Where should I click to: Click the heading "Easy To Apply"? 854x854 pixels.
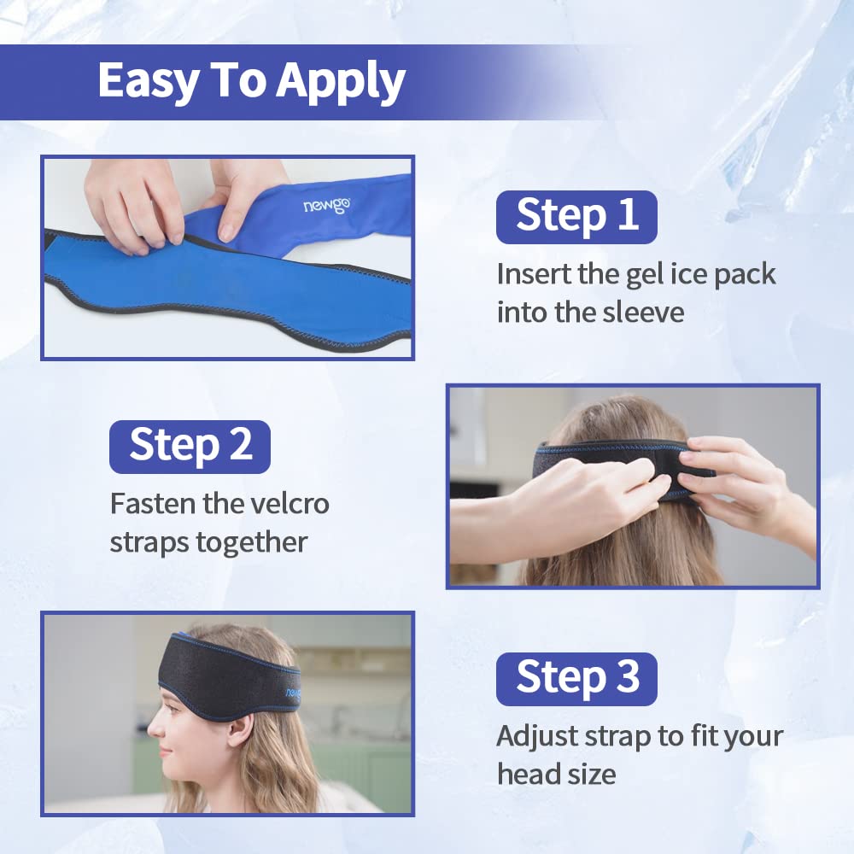click(x=251, y=81)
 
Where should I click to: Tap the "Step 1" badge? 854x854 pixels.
click(x=576, y=216)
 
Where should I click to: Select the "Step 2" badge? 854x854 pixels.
click(x=190, y=446)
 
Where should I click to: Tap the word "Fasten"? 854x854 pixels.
click(x=153, y=503)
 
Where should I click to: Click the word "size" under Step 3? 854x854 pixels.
click(x=594, y=774)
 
